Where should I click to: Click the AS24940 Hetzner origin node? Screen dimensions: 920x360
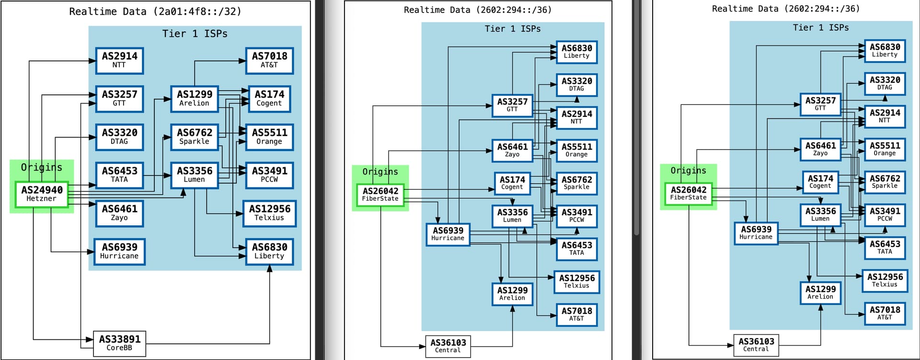click(x=41, y=194)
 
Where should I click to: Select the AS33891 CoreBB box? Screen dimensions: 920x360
click(x=119, y=343)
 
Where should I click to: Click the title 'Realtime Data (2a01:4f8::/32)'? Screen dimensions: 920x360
click(x=155, y=12)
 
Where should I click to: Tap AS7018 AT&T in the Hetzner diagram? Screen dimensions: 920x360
click(x=269, y=60)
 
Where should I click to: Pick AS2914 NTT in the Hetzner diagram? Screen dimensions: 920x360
click(x=119, y=60)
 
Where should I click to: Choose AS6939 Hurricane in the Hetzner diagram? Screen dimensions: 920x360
click(x=119, y=252)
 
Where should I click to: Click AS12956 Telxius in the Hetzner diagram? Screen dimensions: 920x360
click(x=269, y=213)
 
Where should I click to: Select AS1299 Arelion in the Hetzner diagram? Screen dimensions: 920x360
click(x=194, y=99)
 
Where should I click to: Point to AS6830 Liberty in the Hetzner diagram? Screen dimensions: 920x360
click(x=269, y=252)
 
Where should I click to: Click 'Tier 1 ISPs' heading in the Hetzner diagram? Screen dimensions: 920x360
click(x=195, y=34)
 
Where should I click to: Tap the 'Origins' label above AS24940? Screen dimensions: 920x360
click(x=41, y=167)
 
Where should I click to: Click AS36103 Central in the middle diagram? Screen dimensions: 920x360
click(x=448, y=346)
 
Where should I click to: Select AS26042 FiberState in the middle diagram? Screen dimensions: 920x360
click(x=380, y=195)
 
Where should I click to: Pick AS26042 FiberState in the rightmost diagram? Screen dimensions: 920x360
click(x=688, y=193)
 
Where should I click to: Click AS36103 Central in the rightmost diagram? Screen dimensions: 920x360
click(x=756, y=345)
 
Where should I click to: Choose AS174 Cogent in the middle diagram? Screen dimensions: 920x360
click(x=512, y=183)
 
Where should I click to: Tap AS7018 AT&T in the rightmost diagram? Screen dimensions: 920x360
click(x=885, y=314)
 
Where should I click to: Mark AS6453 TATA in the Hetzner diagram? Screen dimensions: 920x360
click(x=119, y=175)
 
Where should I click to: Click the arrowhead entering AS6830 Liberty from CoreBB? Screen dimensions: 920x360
click(x=269, y=268)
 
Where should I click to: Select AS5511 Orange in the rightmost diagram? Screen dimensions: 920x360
click(x=885, y=149)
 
